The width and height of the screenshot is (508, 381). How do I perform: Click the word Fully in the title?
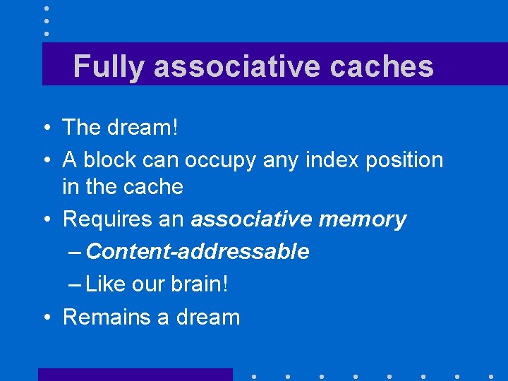tap(109, 67)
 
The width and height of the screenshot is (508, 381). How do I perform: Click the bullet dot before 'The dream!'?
tap(45, 128)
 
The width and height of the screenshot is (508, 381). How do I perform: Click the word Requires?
tap(104, 219)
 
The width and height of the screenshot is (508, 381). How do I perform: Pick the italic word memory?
tap(363, 219)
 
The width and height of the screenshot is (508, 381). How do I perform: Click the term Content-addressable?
tap(198, 251)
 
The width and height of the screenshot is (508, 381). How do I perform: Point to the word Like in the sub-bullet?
tap(105, 284)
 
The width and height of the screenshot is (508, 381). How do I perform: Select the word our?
tap(147, 284)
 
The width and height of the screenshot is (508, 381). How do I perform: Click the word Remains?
tap(106, 317)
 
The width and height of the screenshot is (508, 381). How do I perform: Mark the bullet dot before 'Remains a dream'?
tap(45, 317)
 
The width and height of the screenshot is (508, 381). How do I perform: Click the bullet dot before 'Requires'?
tap(45, 220)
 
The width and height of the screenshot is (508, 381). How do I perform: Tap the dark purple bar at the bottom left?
tap(135, 374)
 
